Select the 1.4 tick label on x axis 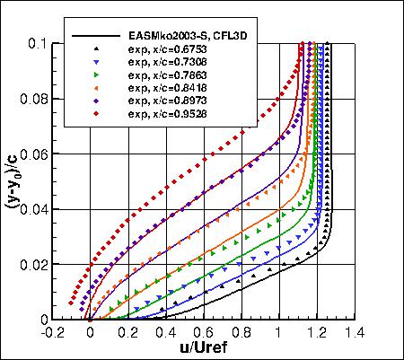(353, 331)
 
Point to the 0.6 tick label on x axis (203, 331)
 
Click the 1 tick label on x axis (278, 331)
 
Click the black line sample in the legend (96, 37)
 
